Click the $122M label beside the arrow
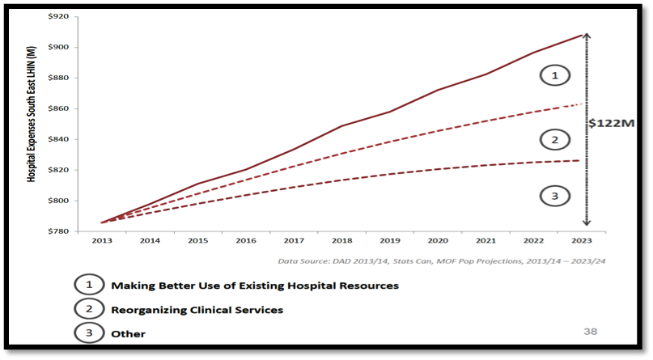point(612,124)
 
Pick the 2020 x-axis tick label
point(437,240)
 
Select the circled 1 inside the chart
point(554,76)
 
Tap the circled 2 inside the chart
point(554,140)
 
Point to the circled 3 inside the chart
point(554,196)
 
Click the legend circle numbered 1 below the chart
point(89,286)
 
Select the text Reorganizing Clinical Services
point(197,310)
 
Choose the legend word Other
point(128,333)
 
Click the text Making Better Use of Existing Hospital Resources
point(255,286)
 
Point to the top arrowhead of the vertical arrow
point(587,34)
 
